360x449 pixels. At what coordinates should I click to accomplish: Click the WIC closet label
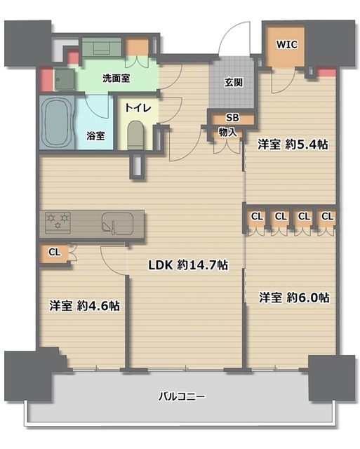click(286, 44)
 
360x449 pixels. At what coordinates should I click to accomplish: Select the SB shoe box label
click(231, 118)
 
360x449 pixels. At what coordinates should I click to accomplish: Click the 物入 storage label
click(227, 131)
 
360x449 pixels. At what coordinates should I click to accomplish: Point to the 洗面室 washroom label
click(116, 79)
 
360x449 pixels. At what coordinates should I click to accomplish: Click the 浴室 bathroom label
click(96, 135)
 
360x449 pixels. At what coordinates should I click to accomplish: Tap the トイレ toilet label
click(138, 108)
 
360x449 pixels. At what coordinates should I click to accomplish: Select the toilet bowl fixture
click(137, 135)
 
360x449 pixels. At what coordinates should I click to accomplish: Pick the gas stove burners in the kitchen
click(57, 222)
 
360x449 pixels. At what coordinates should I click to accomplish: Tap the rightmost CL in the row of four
click(326, 216)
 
